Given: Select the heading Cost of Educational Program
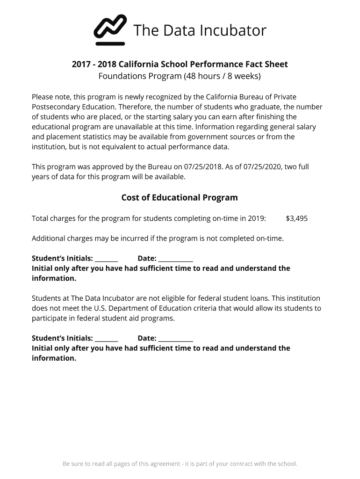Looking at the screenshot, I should tap(180, 197).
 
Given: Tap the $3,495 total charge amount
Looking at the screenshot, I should tap(296, 218).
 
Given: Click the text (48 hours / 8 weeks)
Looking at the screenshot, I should tap(222, 76).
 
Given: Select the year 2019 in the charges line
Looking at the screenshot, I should tap(257, 218).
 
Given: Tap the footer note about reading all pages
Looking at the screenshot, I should tap(180, 464).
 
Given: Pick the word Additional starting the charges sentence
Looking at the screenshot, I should tap(49, 239).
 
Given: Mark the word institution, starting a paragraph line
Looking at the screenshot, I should tap(50, 147).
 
